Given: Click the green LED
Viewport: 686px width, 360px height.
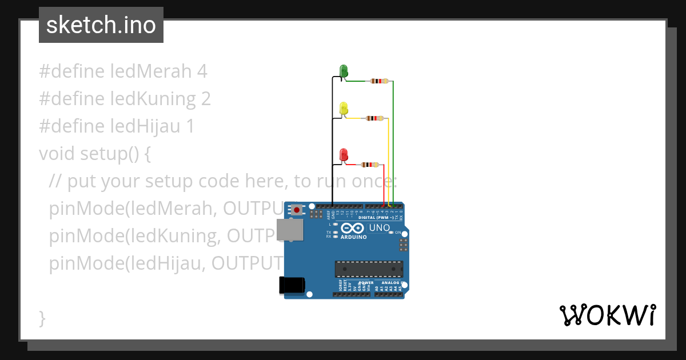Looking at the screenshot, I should [x=344, y=71].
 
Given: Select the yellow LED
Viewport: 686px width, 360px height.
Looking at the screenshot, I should [x=344, y=108].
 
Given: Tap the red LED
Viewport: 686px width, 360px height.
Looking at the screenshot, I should [x=344, y=154].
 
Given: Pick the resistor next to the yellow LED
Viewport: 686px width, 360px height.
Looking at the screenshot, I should [x=374, y=118].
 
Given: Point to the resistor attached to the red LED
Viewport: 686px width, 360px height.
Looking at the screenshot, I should [x=370, y=165].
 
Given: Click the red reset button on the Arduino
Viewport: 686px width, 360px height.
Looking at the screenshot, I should [x=297, y=210].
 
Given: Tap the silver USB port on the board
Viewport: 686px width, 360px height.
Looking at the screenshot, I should [x=290, y=229].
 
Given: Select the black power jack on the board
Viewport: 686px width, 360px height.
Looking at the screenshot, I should [x=292, y=285].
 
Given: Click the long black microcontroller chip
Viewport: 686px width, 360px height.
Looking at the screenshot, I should [x=369, y=269].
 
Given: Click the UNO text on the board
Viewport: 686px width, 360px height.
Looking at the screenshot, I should [x=380, y=228].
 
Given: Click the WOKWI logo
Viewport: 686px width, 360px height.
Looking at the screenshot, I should [x=607, y=315].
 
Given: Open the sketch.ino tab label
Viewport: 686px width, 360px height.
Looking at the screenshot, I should [x=101, y=25].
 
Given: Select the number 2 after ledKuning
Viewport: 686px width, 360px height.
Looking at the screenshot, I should [x=206, y=99].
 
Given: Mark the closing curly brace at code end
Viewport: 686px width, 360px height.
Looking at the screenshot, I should [x=42, y=318].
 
